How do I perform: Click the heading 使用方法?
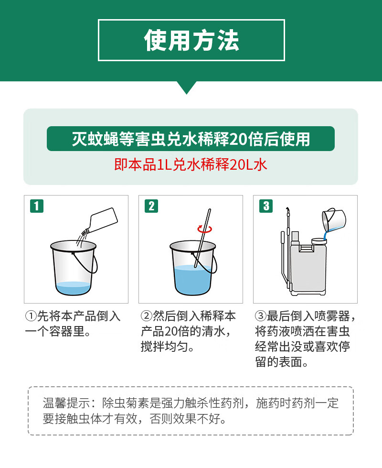coord(191,40)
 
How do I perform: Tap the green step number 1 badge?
coord(37,206)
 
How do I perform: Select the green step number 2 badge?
coord(151,206)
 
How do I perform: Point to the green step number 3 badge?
coord(266,206)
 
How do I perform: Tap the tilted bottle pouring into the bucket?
coord(101,221)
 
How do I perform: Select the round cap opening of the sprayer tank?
coord(319,241)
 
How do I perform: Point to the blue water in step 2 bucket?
coord(192,279)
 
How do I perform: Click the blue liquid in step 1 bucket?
coord(73,288)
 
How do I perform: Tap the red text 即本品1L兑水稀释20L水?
coord(191,164)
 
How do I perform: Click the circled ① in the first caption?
coord(31,316)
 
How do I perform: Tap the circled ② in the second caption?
coord(146,316)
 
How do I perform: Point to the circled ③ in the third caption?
coord(260,316)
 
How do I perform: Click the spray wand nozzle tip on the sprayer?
coord(287,208)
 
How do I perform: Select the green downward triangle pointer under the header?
coord(187,87)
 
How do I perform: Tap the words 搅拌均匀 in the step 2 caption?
coord(164,347)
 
